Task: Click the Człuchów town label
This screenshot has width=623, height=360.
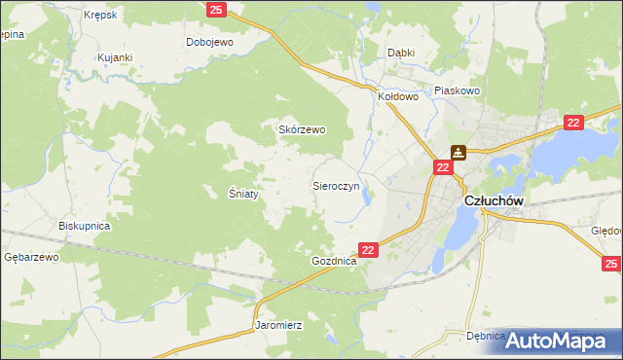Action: tap(495, 199)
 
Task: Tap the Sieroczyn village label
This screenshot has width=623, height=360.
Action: tap(337, 184)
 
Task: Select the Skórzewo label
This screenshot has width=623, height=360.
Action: tap(303, 129)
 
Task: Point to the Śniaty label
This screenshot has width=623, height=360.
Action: tap(242, 194)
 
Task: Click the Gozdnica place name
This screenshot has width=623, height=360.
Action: tap(335, 262)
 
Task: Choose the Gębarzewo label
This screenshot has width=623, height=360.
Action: tap(32, 257)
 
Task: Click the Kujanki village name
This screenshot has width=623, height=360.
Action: tap(115, 57)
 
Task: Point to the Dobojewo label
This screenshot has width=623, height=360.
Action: tap(211, 42)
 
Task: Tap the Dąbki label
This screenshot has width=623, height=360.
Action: tap(401, 53)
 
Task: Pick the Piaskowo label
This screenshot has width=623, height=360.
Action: tap(458, 90)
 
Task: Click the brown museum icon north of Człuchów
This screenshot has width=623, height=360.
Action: tap(458, 152)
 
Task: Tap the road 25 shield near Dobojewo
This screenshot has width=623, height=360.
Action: tap(216, 10)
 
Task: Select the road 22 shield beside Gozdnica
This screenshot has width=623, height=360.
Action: tap(368, 250)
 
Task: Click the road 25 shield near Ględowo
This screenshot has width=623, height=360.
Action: tap(611, 264)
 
